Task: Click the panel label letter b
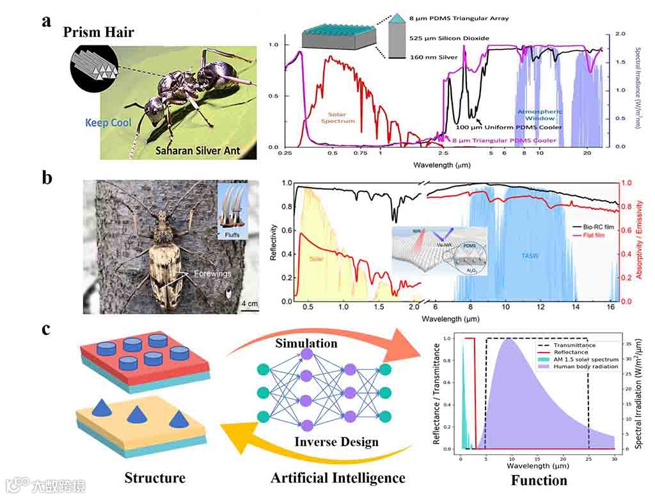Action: click(x=47, y=177)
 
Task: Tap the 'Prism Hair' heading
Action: click(x=99, y=31)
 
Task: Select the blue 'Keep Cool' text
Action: click(x=108, y=122)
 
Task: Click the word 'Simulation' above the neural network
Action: click(x=306, y=343)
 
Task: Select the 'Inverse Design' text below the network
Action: click(x=336, y=442)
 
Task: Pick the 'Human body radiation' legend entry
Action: click(x=583, y=367)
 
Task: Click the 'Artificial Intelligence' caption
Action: click(x=338, y=478)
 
